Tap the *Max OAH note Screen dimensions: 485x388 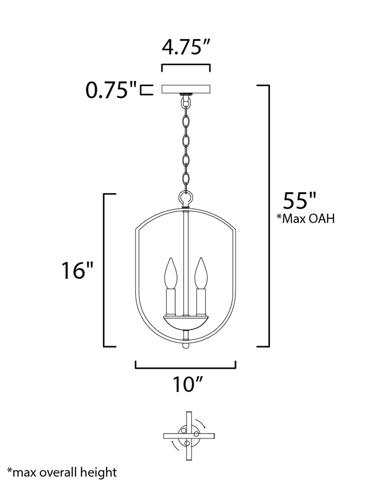pyautogui.click(x=306, y=219)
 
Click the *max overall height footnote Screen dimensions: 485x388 pyautogui.click(x=62, y=472)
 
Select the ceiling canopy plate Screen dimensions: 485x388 pyautogui.click(x=186, y=89)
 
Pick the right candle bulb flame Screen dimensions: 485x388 pyautogui.click(x=201, y=273)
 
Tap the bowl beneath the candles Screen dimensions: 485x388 pyautogui.click(x=186, y=323)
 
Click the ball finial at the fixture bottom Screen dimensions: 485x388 pyautogui.click(x=186, y=346)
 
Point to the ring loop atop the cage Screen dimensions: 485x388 pyautogui.click(x=186, y=197)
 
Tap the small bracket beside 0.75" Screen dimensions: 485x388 pyautogui.click(x=147, y=90)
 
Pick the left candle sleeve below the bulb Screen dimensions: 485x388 pyautogui.click(x=171, y=301)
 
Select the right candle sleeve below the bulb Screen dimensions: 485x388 pyautogui.click(x=201, y=301)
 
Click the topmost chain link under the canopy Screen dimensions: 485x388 pyautogui.click(x=186, y=102)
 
